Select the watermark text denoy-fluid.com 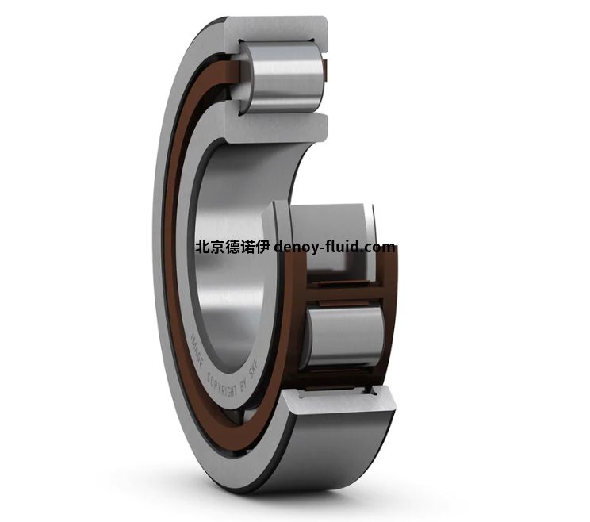point(335,248)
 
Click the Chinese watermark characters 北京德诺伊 point(232,248)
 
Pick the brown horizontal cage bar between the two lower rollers point(344,294)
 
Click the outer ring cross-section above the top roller point(277,29)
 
